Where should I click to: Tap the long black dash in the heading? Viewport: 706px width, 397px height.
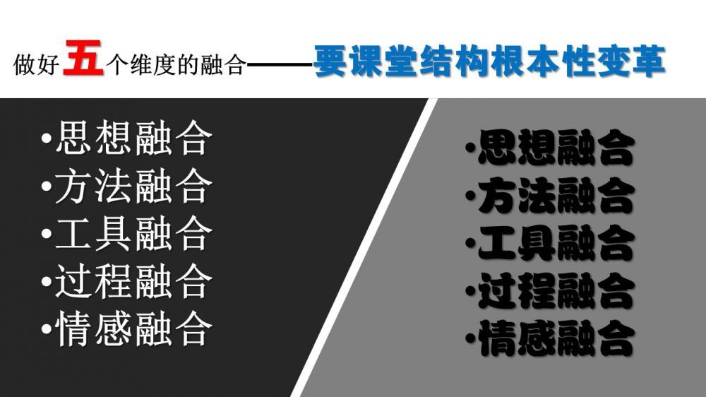tap(281, 66)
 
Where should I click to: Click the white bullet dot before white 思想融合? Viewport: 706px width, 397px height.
tap(46, 139)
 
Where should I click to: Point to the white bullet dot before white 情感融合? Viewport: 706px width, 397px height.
tap(46, 328)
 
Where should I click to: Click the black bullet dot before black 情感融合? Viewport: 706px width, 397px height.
tap(470, 337)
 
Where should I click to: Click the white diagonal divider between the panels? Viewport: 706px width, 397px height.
tap(364, 247)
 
